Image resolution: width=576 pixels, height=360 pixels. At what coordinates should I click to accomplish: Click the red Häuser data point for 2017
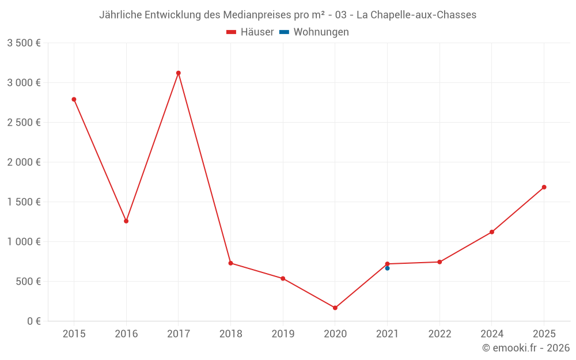pyautogui.click(x=179, y=73)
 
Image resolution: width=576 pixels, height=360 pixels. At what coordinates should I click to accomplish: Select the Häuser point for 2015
pyautogui.click(x=74, y=99)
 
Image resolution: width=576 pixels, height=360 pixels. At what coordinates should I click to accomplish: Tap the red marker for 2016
pyautogui.click(x=126, y=221)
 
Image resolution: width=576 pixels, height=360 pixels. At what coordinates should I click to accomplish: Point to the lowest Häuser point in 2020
pyautogui.click(x=335, y=308)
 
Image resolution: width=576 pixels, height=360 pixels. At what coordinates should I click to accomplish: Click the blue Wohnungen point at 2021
pyautogui.click(x=387, y=268)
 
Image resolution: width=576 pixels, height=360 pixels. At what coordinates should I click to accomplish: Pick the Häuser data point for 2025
pyautogui.click(x=544, y=187)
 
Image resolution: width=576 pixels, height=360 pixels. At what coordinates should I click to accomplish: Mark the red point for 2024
pyautogui.click(x=492, y=232)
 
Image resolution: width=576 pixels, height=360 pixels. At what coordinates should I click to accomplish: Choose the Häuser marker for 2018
pyautogui.click(x=230, y=263)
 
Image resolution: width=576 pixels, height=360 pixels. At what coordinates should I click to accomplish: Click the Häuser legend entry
pyautogui.click(x=250, y=32)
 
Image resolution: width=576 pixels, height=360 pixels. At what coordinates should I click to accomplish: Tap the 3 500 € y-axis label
pyautogui.click(x=24, y=43)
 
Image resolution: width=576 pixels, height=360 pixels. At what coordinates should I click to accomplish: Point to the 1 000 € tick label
pyautogui.click(x=24, y=242)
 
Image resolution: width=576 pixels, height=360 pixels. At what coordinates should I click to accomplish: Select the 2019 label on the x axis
pyautogui.click(x=283, y=334)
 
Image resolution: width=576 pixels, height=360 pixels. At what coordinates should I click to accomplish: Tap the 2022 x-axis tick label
pyautogui.click(x=439, y=334)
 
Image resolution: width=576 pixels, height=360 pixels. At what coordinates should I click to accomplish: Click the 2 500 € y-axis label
pyautogui.click(x=24, y=123)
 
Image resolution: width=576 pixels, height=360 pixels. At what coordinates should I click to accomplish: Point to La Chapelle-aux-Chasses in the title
pyautogui.click(x=416, y=15)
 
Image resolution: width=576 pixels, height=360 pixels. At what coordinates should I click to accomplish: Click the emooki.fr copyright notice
pyautogui.click(x=526, y=348)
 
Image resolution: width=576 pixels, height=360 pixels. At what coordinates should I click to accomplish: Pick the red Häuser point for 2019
pyautogui.click(x=283, y=279)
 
